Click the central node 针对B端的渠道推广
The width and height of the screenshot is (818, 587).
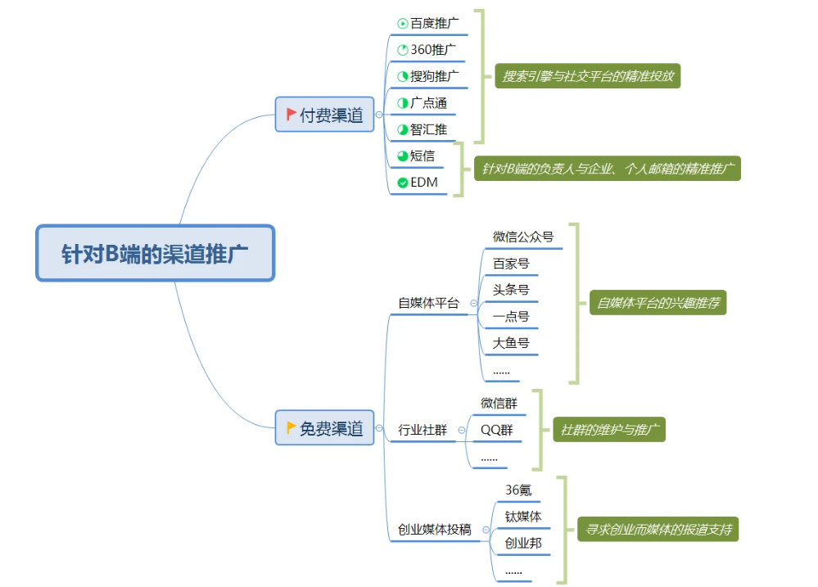click(155, 253)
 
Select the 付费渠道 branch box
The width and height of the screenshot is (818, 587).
click(324, 115)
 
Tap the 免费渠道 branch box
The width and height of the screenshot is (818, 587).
click(324, 427)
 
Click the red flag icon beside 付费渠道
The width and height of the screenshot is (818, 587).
click(291, 115)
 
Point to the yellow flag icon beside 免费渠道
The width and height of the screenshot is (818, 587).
click(291, 427)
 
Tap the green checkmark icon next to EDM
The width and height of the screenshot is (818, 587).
click(402, 183)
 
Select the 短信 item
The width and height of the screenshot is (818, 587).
click(423, 156)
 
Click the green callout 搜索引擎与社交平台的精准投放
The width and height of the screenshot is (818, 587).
click(588, 76)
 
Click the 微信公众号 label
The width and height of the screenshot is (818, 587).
click(523, 237)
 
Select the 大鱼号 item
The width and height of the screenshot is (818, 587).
click(511, 343)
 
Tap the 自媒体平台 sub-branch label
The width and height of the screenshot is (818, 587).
click(428, 303)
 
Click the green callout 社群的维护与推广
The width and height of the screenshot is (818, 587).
click(609, 429)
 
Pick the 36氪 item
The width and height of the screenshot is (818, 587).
click(518, 490)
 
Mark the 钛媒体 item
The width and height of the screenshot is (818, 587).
click(523, 517)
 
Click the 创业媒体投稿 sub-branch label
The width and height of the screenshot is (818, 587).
click(434, 530)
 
